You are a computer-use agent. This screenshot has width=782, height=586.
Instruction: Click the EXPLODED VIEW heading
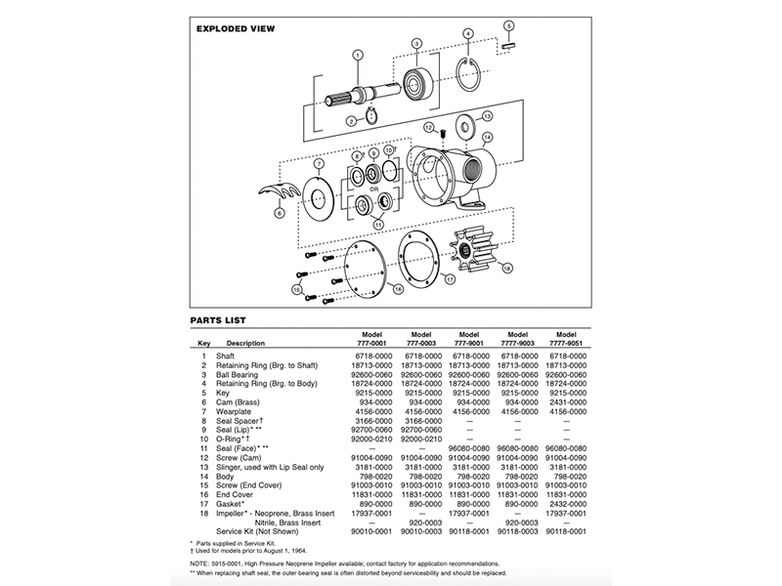click(236, 29)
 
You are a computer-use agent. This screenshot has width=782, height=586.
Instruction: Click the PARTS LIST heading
click(218, 319)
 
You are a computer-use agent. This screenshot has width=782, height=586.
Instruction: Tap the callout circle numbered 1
click(358, 55)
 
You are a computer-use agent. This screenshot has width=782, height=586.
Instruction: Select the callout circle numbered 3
click(416, 44)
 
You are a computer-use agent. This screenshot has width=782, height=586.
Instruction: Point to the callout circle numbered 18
click(506, 267)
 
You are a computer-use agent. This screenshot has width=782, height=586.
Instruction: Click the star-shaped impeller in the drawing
click(476, 251)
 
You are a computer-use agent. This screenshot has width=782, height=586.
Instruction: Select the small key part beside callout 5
click(509, 43)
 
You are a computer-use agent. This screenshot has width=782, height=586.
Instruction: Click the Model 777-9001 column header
click(467, 337)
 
